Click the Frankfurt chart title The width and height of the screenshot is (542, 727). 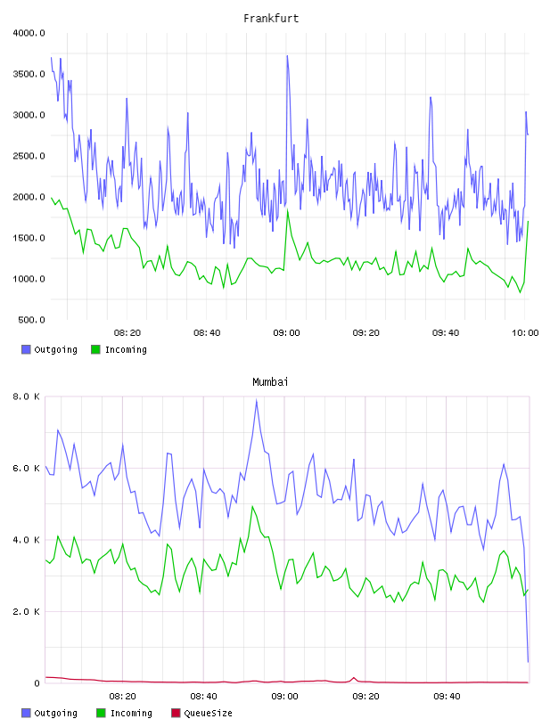tap(271, 19)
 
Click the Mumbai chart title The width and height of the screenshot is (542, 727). tap(270, 382)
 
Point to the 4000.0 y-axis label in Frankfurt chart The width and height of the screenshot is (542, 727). tap(29, 33)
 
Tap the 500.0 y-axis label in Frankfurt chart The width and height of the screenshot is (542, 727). tap(31, 320)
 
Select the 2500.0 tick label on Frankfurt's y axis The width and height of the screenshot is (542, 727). tap(29, 156)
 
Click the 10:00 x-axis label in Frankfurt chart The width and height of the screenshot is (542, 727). tap(525, 333)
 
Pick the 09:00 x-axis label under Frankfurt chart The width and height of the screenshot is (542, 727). tap(286, 333)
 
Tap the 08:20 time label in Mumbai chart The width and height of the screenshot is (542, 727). tap(122, 697)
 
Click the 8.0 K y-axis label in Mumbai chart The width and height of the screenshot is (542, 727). tap(27, 396)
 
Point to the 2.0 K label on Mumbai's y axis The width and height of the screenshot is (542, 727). tap(27, 611)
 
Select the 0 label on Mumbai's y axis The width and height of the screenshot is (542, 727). tap(37, 683)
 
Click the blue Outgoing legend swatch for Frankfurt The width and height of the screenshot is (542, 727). tap(26, 349)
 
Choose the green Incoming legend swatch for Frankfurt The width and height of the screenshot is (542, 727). tap(95, 349)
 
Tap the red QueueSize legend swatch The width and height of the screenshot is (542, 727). tap(176, 713)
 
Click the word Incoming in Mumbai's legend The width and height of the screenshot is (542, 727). tap(131, 713)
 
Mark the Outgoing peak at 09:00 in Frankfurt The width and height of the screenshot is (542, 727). tap(287, 56)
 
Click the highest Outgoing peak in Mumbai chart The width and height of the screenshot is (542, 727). tap(256, 401)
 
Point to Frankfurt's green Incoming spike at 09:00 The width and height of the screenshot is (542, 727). tap(288, 211)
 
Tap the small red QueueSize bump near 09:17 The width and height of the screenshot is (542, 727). tap(354, 678)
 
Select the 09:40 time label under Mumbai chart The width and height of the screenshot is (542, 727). tap(447, 697)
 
